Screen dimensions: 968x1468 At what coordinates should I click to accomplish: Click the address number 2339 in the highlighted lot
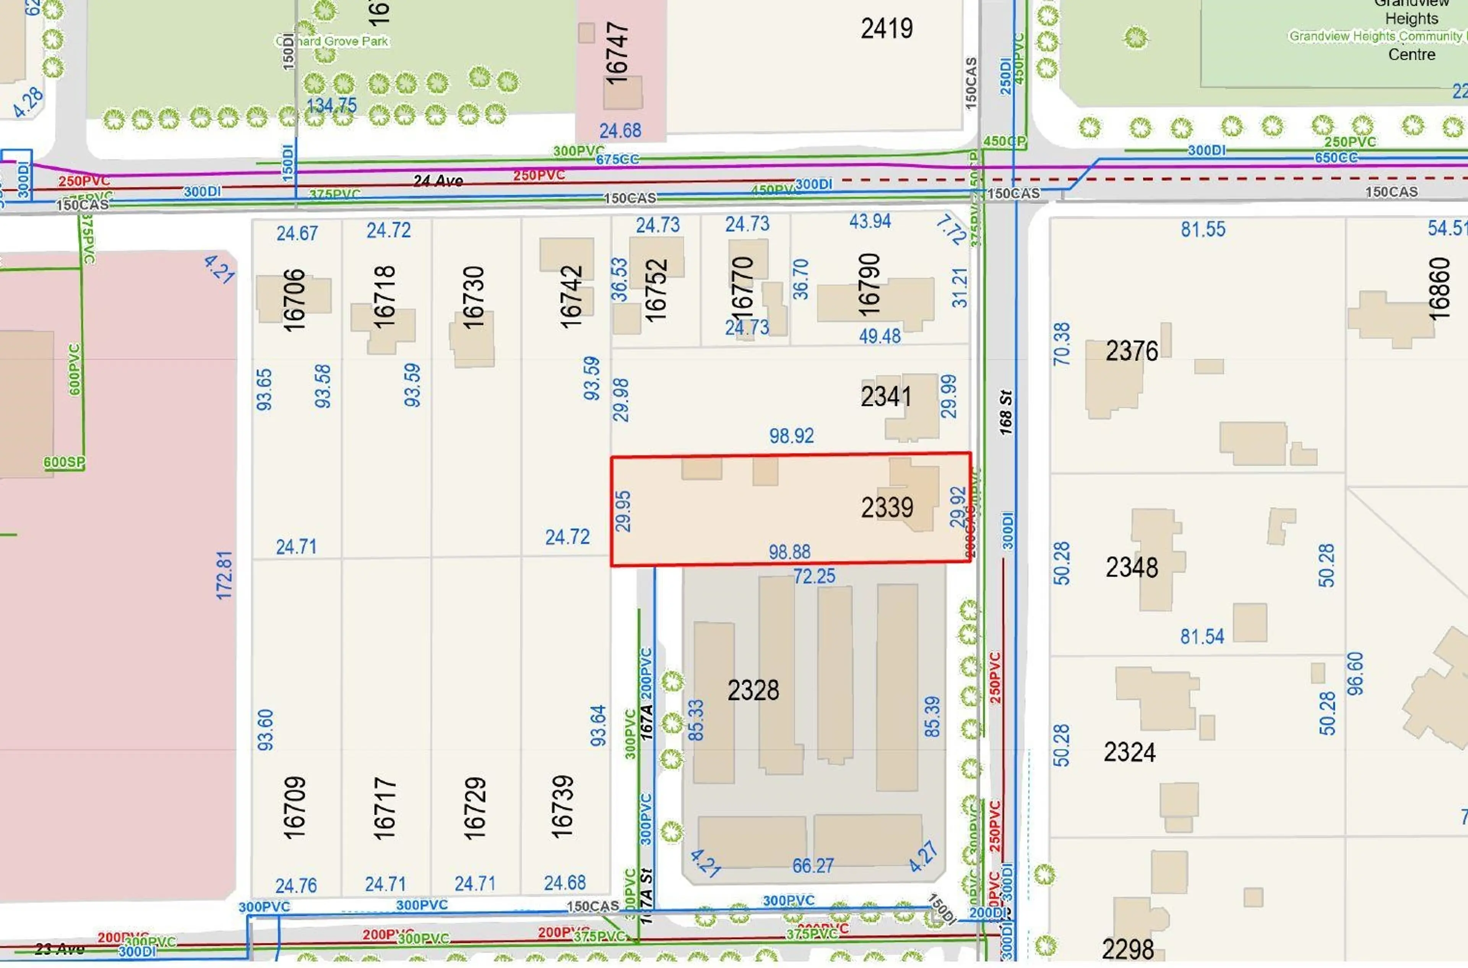coord(887,508)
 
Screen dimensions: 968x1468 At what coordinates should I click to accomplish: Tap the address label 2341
coord(886,396)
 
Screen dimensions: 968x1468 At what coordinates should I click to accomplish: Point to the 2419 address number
coord(886,28)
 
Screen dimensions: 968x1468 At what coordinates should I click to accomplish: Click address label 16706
coord(294,300)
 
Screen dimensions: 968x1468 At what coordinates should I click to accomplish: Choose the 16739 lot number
coord(562,807)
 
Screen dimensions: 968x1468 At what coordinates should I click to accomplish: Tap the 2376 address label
coord(1132,351)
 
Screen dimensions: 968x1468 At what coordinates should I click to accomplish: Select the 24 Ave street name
coord(438,181)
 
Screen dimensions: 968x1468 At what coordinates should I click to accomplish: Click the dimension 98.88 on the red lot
coord(789,552)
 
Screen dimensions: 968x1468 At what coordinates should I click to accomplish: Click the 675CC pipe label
coord(617,160)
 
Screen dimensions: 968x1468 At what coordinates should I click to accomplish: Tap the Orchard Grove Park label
coord(332,41)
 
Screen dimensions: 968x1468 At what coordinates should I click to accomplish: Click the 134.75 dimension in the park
coord(332,105)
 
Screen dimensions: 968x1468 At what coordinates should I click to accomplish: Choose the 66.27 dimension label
coord(813,866)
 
